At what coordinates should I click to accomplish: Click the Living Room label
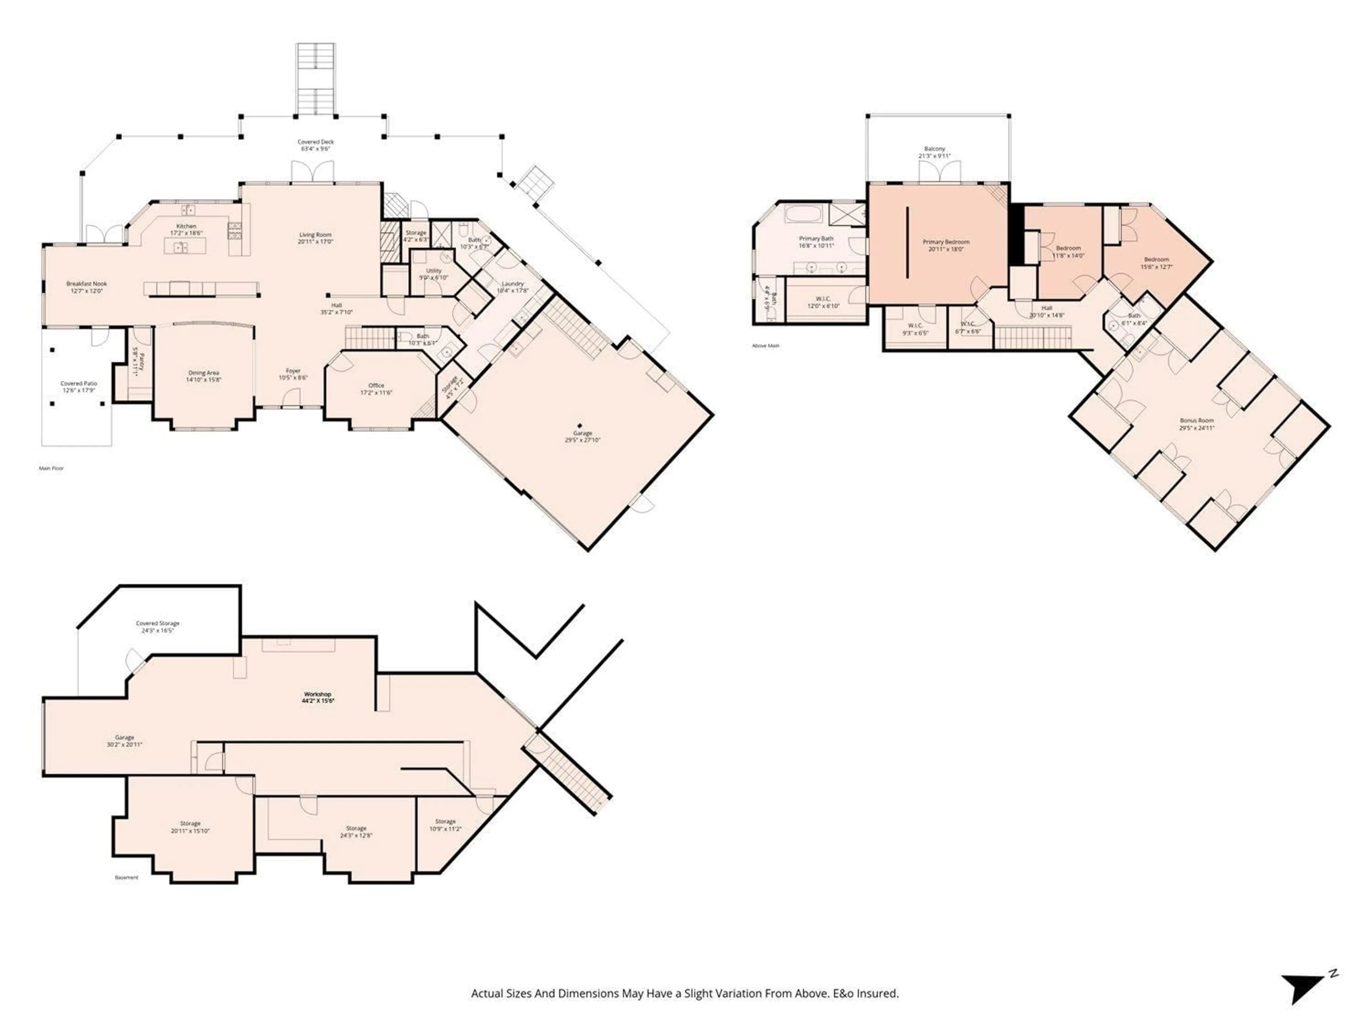[316, 235]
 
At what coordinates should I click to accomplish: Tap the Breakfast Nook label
[87, 284]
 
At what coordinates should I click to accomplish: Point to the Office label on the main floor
[376, 385]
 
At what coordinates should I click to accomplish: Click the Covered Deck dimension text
[316, 149]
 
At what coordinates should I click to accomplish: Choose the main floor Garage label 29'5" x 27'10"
[582, 436]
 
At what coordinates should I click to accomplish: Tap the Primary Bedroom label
[946, 242]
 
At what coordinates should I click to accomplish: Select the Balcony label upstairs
[935, 149]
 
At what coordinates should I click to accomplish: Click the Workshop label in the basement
[317, 695]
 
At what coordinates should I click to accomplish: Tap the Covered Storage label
[157, 623]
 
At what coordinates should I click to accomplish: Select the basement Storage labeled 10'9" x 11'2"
[445, 825]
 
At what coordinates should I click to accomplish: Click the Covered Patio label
[78, 384]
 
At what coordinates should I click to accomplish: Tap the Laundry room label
[513, 284]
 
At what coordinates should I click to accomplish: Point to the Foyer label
[293, 371]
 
